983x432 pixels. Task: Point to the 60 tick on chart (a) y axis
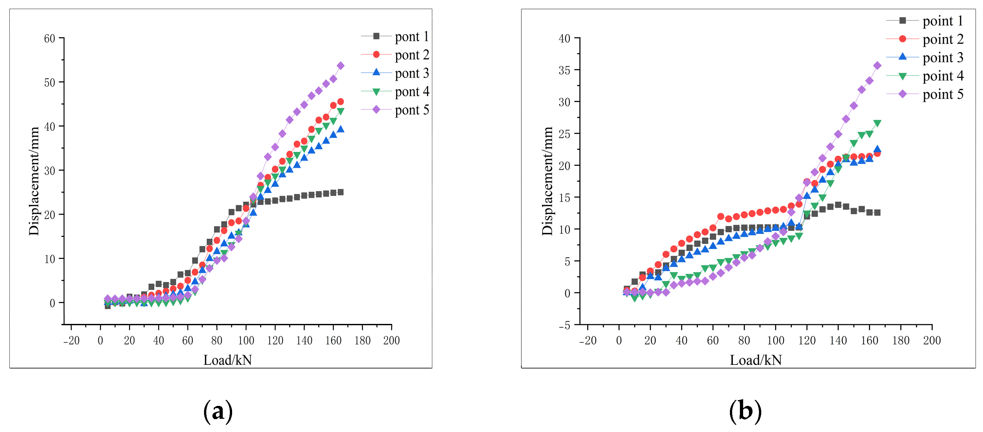point(50,38)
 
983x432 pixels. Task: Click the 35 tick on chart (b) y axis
point(564,70)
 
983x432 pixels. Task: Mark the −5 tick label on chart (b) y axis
point(564,325)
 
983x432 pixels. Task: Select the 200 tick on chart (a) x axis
point(391,340)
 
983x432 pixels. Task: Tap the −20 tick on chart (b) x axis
point(587,340)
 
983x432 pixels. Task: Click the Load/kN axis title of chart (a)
point(228,360)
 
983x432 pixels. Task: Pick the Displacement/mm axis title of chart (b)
point(547,181)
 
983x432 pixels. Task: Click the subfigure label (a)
point(218,411)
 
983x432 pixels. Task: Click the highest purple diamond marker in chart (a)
point(340,66)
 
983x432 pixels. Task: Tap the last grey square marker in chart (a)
point(340,192)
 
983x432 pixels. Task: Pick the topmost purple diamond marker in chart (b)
point(877,65)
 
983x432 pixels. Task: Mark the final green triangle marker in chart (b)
point(877,124)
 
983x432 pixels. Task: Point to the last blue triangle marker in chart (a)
point(340,129)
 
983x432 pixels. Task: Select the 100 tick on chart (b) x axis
point(775,340)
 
